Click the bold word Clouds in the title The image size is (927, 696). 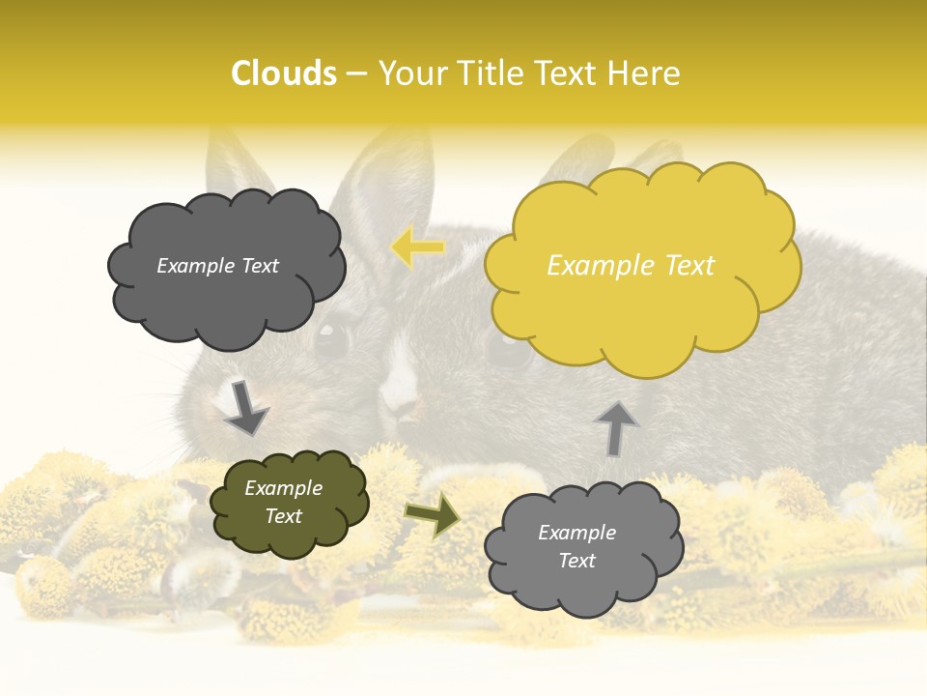click(x=284, y=73)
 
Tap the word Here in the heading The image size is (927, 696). click(x=644, y=73)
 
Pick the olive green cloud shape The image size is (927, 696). click(x=290, y=532)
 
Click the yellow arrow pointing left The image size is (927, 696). click(x=417, y=247)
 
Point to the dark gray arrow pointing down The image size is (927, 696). click(x=245, y=406)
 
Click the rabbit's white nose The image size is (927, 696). click(x=399, y=387)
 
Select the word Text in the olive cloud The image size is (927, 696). click(x=284, y=516)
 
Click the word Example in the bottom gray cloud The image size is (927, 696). click(x=576, y=533)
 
